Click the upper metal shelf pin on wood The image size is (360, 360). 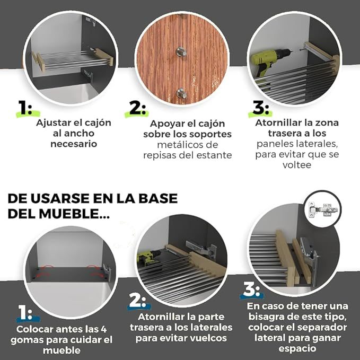pos(181,51)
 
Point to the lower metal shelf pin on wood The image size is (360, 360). pos(181,93)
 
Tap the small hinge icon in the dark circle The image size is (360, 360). pos(323,209)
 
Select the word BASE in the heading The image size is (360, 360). pos(158,198)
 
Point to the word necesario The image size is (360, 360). pos(74,144)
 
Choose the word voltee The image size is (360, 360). pos(297,165)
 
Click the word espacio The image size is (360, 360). pos(297,349)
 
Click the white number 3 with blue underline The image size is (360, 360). pos(251,289)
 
